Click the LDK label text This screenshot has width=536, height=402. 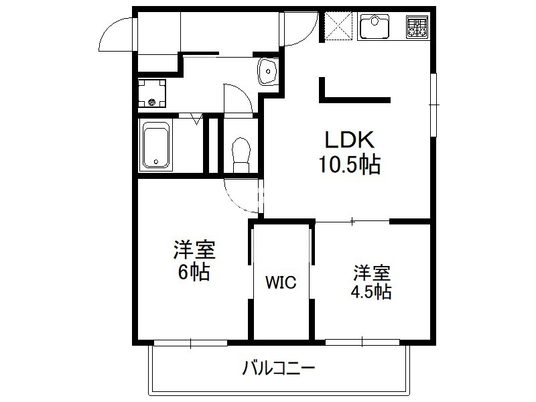click(349, 139)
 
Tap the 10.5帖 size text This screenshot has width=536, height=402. click(350, 165)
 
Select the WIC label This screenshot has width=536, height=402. click(281, 282)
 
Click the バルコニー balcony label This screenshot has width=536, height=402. click(279, 368)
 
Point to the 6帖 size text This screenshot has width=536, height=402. click(194, 272)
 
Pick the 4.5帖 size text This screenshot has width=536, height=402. click(371, 291)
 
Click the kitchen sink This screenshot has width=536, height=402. click(374, 27)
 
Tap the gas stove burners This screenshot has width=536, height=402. click(417, 27)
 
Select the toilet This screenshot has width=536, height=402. click(241, 155)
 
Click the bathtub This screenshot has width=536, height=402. click(156, 145)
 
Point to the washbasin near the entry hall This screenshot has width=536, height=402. click(268, 71)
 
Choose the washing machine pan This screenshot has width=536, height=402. click(152, 93)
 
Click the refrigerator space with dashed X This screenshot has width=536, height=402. click(338, 26)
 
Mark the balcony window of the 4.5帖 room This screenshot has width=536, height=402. click(362, 342)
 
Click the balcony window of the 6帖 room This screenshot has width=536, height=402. click(190, 342)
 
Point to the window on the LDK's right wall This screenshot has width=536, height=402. click(433, 105)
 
